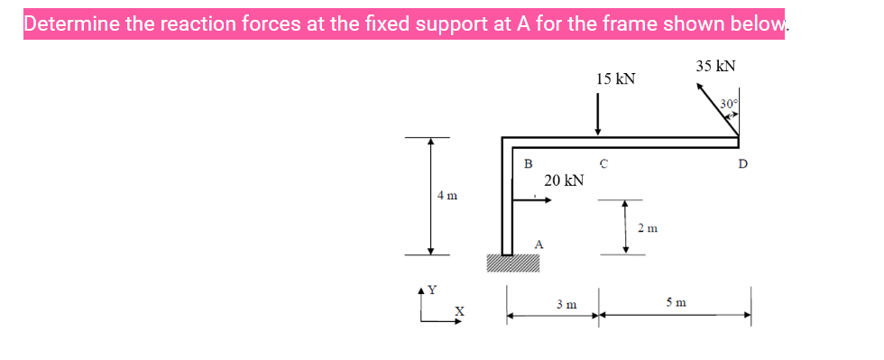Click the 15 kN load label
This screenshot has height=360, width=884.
[615, 79]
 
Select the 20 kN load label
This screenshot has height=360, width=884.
[564, 180]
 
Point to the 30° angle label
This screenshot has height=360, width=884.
[730, 104]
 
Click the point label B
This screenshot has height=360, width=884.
[529, 163]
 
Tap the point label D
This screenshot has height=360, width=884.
[742, 164]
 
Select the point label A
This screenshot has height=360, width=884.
[538, 244]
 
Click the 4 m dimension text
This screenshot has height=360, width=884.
[447, 195]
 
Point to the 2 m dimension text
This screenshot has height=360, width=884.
[647, 227]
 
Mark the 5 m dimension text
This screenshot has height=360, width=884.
[677, 303]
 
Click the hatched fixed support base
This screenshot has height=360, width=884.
[513, 263]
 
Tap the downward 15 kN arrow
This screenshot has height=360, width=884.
[597, 115]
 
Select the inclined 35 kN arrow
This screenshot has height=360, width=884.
[716, 109]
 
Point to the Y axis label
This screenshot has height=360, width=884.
[431, 291]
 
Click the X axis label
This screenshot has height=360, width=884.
[457, 311]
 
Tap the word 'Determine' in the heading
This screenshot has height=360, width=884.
[71, 23]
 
